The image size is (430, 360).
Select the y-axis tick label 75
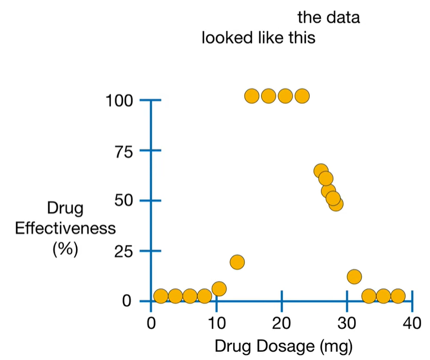click(x=125, y=151)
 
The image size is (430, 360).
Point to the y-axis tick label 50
click(x=125, y=201)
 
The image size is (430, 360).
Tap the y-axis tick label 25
click(x=125, y=251)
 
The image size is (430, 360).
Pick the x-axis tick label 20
click(x=281, y=323)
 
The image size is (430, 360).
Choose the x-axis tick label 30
click(x=347, y=323)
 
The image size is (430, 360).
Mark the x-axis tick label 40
click(x=412, y=323)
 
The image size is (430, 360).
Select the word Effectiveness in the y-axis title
click(x=65, y=229)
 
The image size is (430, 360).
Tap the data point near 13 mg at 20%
click(x=237, y=262)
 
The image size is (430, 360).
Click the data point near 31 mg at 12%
click(x=354, y=276)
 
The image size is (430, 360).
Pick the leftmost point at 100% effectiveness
click(x=252, y=96)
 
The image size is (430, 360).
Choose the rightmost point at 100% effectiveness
click(x=302, y=96)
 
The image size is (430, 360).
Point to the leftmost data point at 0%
click(x=161, y=296)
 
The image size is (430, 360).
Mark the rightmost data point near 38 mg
click(x=398, y=296)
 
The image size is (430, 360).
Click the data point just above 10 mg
click(x=219, y=288)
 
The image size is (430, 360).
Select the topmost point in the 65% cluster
click(x=320, y=170)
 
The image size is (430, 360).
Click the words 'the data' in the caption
click(x=329, y=17)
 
